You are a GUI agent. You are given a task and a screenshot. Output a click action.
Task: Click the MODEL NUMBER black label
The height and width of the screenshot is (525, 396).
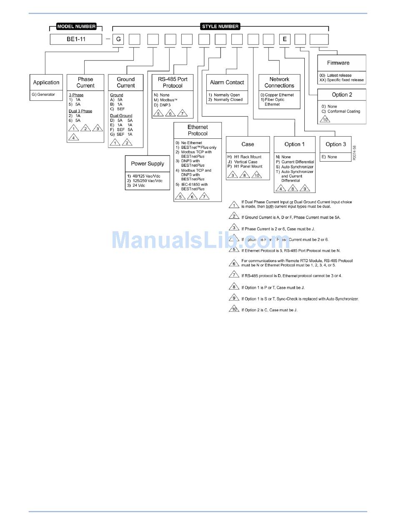[76, 27]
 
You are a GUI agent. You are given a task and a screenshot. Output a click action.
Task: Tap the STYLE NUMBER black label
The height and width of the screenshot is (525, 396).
[220, 27]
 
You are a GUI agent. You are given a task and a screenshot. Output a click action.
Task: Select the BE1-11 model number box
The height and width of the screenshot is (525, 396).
[76, 39]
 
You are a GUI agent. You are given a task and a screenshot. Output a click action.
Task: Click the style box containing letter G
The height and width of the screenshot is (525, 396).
[118, 39]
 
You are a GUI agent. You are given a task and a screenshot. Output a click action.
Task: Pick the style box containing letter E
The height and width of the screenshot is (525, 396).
[285, 39]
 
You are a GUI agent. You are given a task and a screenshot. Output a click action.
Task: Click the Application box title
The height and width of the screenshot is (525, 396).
[46, 82]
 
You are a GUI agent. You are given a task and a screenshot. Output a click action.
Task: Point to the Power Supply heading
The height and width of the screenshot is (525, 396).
[148, 164]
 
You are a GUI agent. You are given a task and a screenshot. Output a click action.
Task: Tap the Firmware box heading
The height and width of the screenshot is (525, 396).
[338, 63]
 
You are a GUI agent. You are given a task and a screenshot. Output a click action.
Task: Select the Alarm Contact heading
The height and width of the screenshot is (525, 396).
[227, 82]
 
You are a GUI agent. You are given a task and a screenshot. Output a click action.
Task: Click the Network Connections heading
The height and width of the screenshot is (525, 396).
[279, 82]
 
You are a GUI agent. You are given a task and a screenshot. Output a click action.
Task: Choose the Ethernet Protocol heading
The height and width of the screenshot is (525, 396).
[198, 130]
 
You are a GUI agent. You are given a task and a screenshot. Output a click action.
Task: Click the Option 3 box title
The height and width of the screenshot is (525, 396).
[336, 144]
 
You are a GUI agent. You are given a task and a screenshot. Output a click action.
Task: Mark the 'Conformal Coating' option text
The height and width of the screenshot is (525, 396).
[343, 111]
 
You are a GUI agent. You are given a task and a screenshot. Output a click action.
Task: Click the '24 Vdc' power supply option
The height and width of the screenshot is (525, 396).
[139, 185]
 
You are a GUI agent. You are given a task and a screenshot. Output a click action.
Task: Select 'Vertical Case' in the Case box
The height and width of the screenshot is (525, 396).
[246, 162]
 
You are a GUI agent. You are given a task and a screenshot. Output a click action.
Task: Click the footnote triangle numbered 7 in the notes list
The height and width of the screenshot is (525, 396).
[234, 275]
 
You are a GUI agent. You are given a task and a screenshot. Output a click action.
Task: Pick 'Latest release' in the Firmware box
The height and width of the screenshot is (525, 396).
[339, 75]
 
